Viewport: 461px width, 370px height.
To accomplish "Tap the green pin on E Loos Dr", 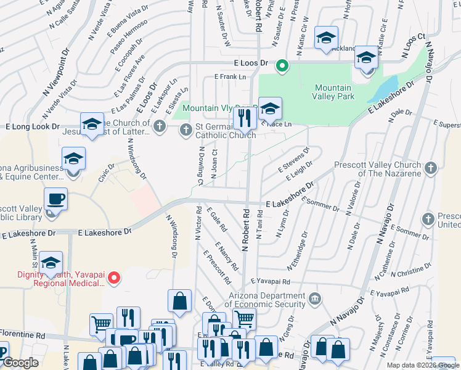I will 282,65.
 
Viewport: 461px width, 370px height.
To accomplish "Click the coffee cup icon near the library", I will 55,199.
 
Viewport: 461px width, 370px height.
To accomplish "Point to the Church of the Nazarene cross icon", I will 430,167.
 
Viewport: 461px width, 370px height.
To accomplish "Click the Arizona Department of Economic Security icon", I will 316,299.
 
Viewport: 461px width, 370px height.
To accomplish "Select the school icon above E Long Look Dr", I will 92,124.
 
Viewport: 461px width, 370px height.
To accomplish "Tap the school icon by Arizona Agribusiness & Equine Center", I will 73,158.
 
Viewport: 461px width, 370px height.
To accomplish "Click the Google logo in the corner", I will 20,363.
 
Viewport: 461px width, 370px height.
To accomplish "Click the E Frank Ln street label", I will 230,76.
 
